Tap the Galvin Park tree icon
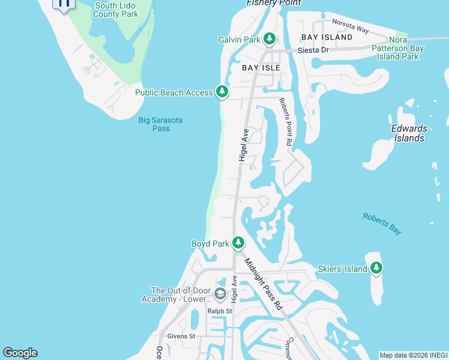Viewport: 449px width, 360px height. tap(270, 40)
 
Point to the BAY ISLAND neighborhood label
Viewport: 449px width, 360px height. tap(327, 37)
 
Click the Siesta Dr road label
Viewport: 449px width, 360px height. tap(316, 50)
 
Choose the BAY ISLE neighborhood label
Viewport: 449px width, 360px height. tap(261, 68)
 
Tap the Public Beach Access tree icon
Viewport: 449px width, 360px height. tap(223, 92)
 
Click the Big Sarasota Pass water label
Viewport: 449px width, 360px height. tap(160, 124)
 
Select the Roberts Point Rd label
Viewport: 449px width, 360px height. tap(285, 122)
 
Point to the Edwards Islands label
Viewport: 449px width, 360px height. tap(409, 133)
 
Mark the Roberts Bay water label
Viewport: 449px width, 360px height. tap(382, 223)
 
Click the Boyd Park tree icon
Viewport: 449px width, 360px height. tap(238, 243)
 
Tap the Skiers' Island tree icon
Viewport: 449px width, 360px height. tap(376, 268)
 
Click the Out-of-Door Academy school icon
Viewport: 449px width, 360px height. tap(220, 294)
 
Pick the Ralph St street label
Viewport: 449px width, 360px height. tap(219, 311)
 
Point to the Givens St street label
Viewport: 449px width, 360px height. tap(181, 337)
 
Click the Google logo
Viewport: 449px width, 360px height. tap(20, 353)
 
